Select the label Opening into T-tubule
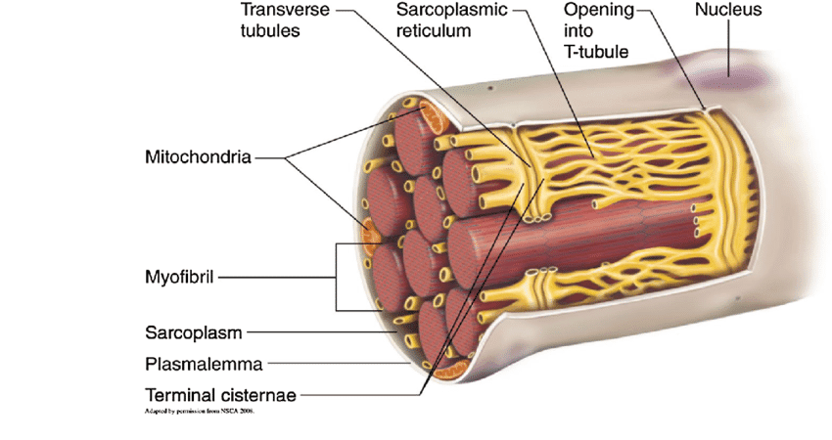click(x=596, y=29)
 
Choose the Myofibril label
click(x=180, y=277)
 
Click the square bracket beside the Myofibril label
click(x=339, y=277)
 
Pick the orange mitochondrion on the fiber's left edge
click(x=371, y=236)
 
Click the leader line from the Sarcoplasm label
click(x=323, y=332)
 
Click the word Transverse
click(x=285, y=10)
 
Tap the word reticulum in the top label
click(x=435, y=30)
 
